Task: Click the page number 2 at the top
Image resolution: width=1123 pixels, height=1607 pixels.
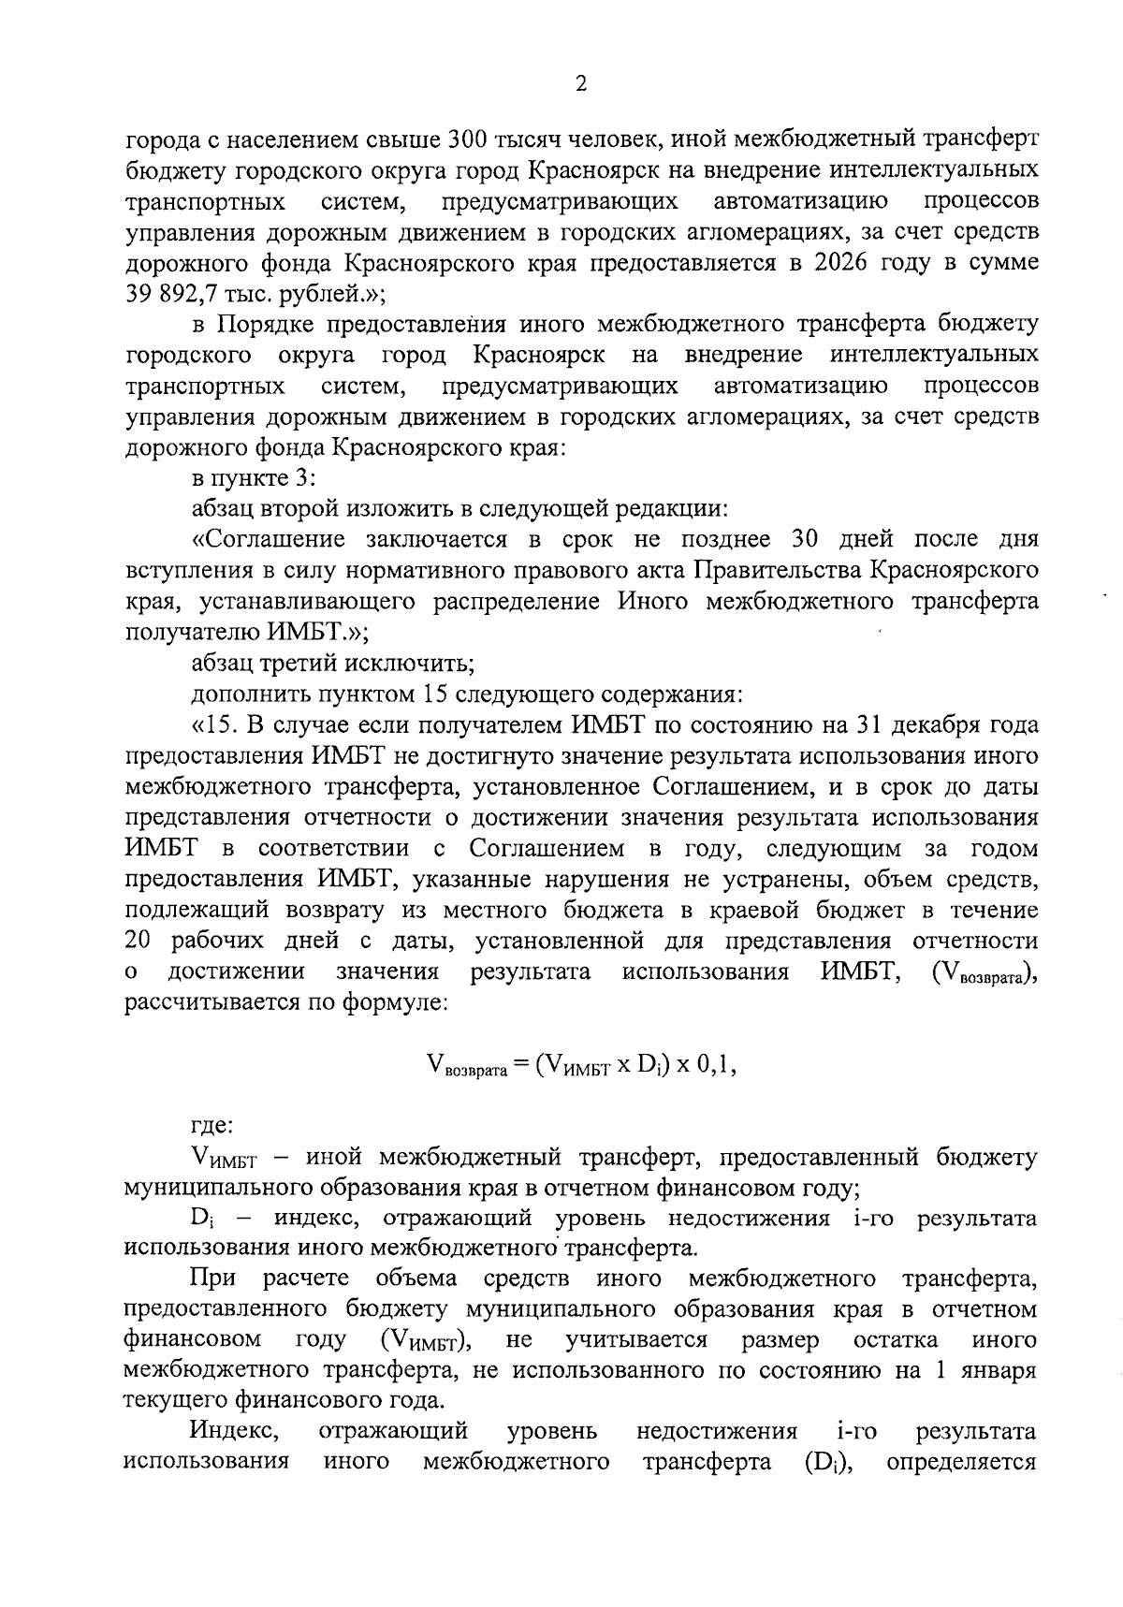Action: tap(580, 85)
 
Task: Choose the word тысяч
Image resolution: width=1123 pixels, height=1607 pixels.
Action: tap(539, 140)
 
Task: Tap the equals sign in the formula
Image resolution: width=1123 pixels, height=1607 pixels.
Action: tap(521, 1066)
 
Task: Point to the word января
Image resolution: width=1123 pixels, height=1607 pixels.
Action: tap(999, 1371)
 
